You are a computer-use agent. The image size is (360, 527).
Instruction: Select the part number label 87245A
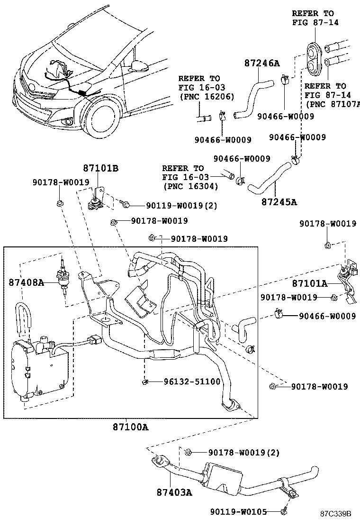pos(279,202)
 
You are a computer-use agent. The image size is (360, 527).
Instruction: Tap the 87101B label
pos(101,168)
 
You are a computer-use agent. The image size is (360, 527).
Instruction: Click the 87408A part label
pos(26,283)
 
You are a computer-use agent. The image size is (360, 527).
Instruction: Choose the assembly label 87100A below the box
pos(130,427)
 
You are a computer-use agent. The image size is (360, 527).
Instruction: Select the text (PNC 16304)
pos(190,186)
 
